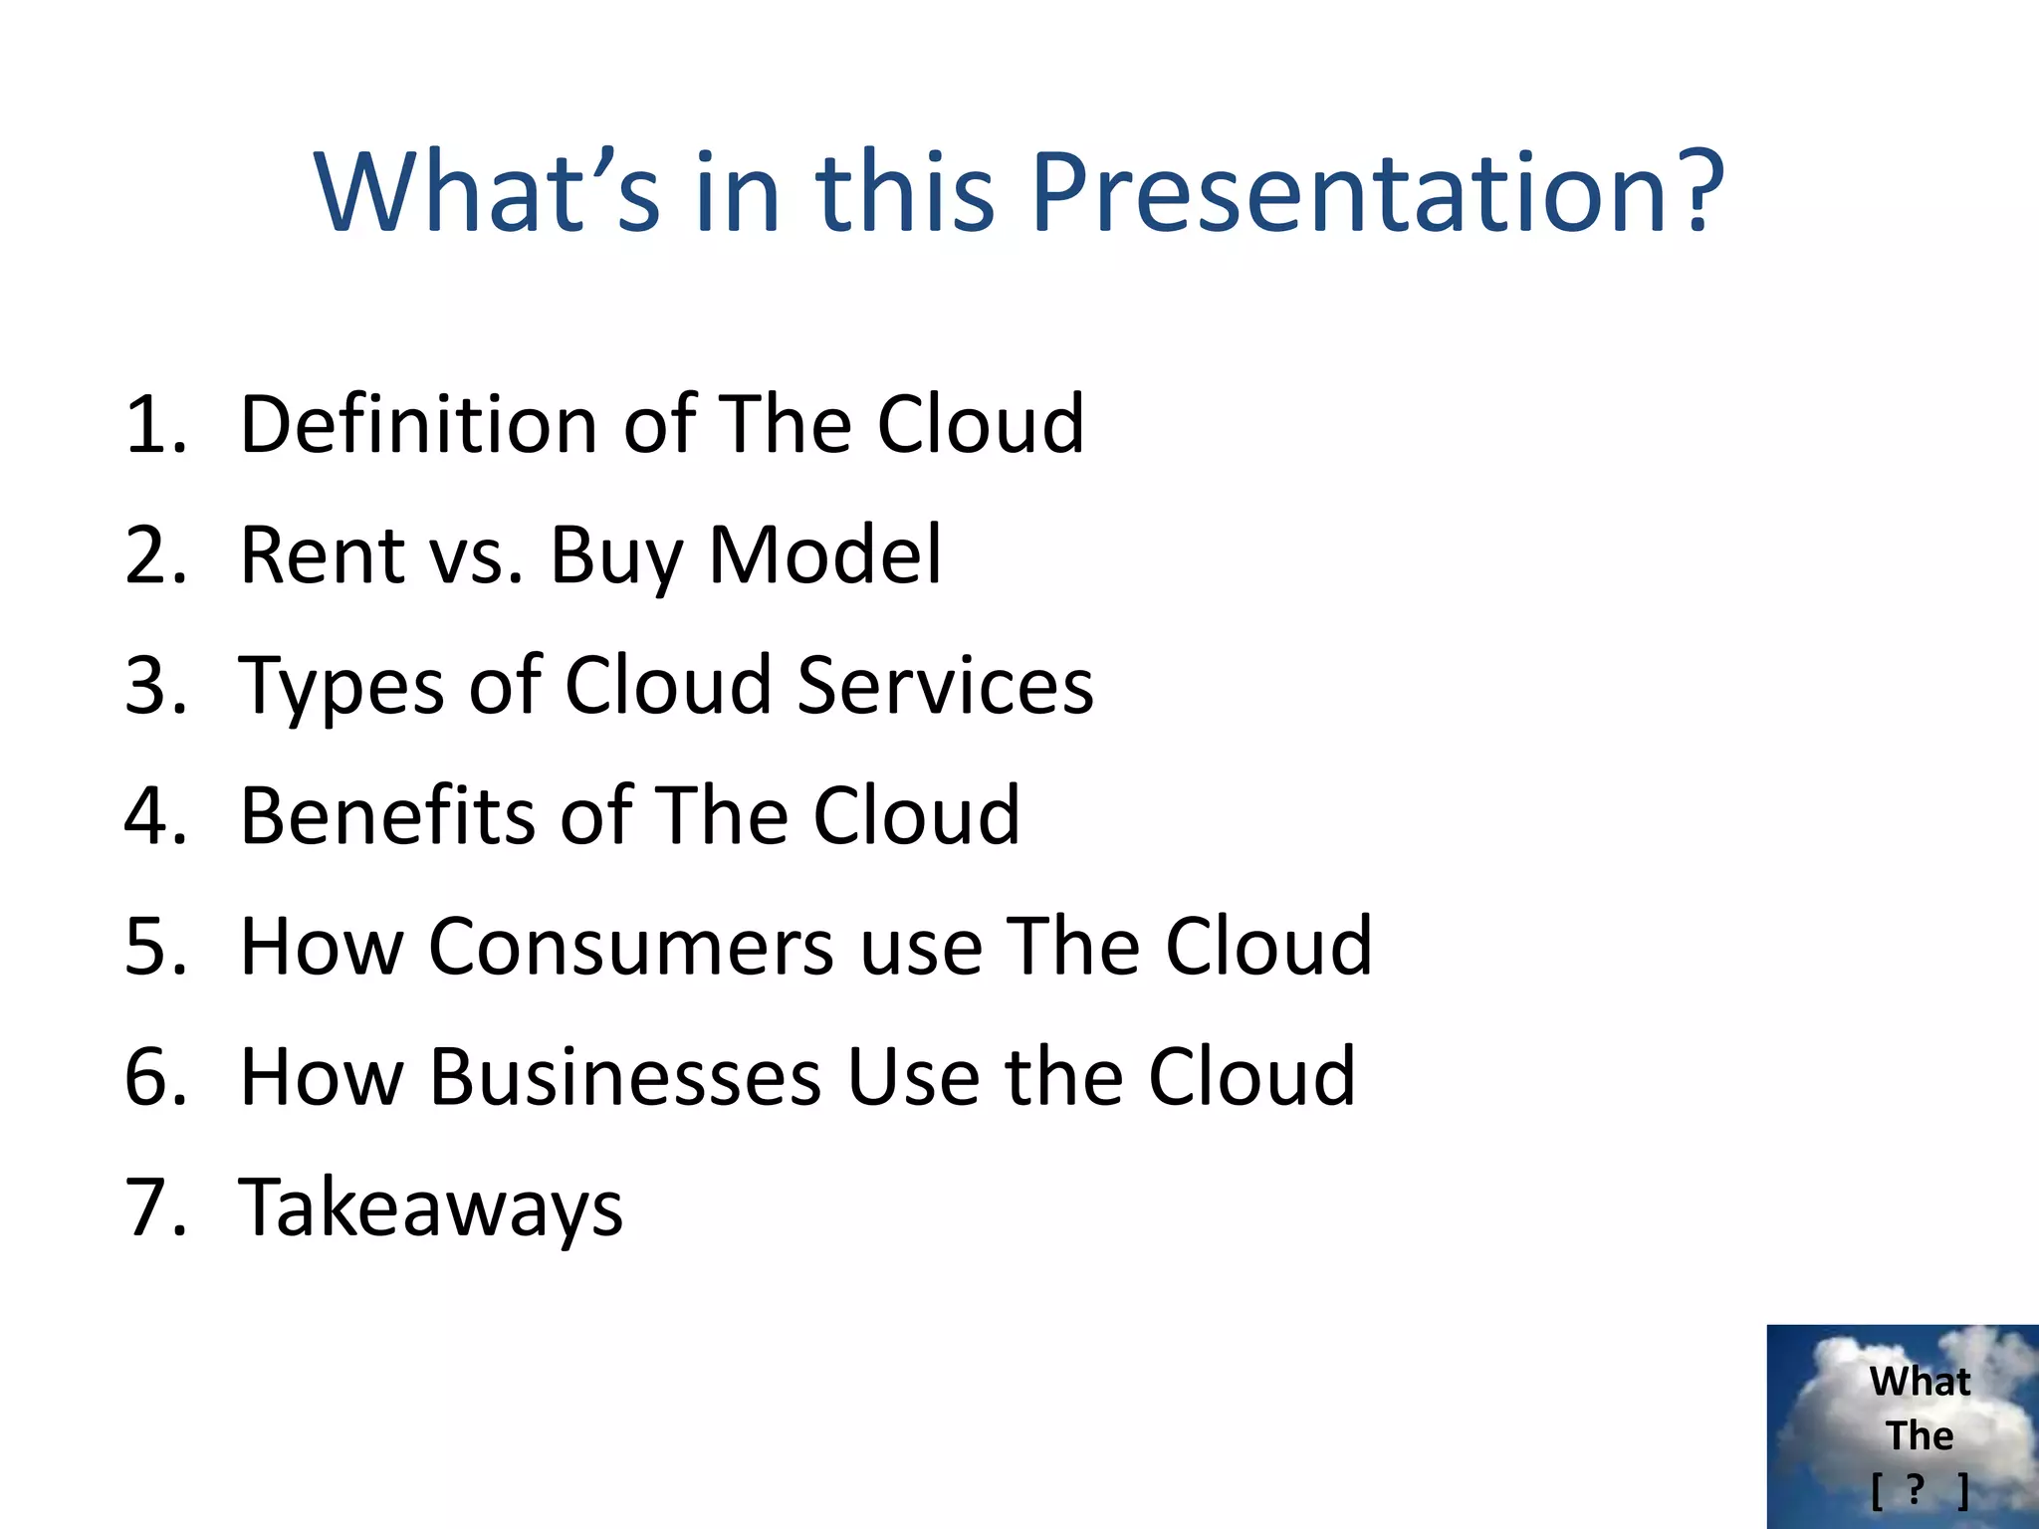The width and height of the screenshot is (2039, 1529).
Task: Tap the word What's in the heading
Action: point(487,191)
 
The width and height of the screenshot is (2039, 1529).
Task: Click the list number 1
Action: point(154,425)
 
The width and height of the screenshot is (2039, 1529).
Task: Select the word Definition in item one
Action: point(418,425)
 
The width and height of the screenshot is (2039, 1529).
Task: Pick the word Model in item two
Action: point(824,555)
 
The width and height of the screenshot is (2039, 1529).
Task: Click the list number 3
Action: point(154,686)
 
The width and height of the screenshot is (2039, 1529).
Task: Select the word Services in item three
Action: point(945,686)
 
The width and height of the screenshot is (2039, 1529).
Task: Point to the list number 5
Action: point(154,947)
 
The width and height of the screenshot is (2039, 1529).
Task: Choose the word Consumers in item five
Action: point(631,947)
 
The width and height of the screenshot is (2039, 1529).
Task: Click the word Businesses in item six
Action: point(625,1077)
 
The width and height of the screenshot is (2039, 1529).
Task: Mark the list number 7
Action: point(154,1207)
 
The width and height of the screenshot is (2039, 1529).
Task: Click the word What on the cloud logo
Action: point(1920,1382)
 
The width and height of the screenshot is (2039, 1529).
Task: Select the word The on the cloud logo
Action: point(1920,1436)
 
